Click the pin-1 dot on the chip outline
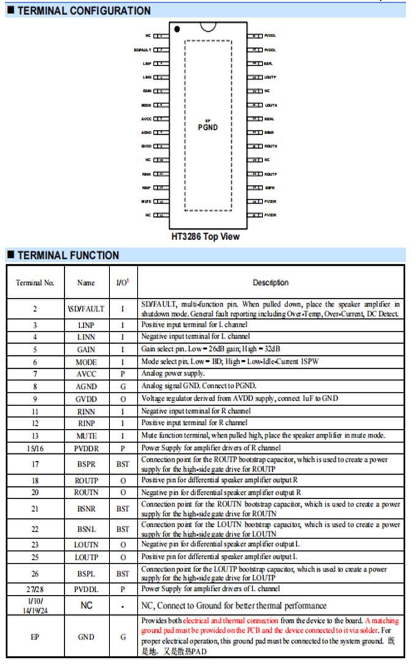pos(177,29)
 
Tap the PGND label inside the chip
pos(207,127)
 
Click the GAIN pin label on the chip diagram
pos(147,91)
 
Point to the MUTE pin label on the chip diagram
pos(146,201)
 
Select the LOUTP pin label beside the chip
pos(270,77)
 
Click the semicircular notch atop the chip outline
pos(208,26)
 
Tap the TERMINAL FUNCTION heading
pos(68,255)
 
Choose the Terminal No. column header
pos(35,283)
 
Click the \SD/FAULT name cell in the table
pos(86,309)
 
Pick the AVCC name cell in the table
pos(86,373)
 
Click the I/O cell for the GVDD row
pos(122,398)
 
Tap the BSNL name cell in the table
pos(86,529)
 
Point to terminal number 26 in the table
pos(35,573)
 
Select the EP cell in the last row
pos(35,637)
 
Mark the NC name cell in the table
pos(86,605)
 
